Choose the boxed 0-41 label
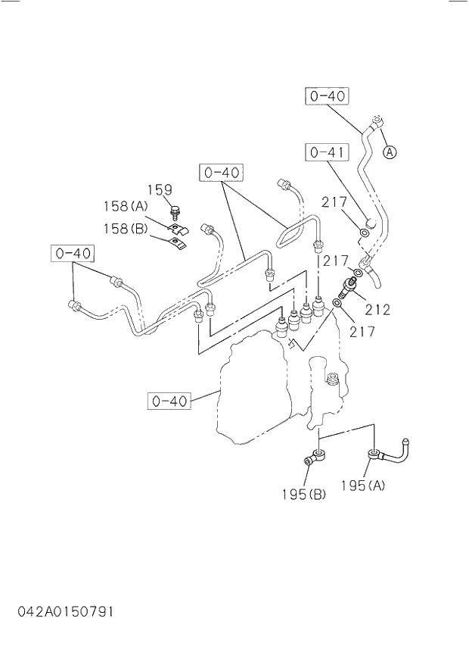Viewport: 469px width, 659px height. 327,151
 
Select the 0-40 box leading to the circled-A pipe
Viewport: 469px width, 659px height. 327,96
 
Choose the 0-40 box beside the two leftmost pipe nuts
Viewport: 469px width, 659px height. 73,252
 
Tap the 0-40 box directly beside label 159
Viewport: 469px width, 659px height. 221,173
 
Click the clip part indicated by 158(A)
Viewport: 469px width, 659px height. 177,226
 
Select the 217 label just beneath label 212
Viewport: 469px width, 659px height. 362,331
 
